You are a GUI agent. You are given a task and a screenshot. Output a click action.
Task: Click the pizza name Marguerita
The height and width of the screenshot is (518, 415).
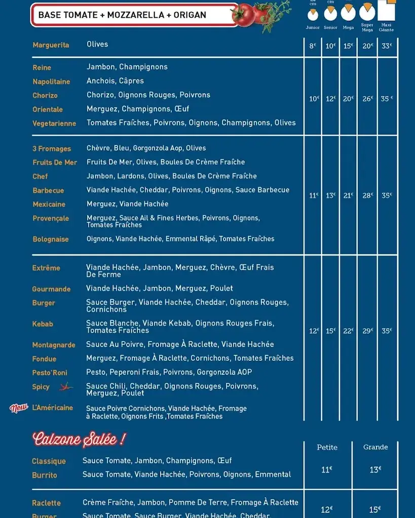(51, 45)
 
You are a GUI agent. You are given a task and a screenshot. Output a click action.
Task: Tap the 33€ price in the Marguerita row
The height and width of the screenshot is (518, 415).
(387, 46)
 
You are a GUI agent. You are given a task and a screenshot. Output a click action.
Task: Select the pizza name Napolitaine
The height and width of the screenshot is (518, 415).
(51, 81)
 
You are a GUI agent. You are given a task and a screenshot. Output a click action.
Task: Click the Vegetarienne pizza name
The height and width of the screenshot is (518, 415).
(54, 123)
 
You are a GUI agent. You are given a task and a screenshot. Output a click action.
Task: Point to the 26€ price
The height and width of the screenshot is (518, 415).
(367, 99)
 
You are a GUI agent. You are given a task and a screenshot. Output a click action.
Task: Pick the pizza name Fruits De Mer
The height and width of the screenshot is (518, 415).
(55, 162)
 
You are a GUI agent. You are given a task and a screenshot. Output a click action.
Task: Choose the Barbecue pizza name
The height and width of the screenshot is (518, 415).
(48, 191)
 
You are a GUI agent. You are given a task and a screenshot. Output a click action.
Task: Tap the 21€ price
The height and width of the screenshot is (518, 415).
(348, 196)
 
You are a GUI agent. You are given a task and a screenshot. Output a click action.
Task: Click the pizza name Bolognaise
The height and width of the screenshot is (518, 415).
(51, 239)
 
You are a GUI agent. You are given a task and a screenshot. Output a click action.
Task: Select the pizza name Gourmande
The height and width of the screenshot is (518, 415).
(51, 289)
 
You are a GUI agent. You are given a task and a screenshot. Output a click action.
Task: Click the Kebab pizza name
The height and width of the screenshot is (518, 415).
(43, 324)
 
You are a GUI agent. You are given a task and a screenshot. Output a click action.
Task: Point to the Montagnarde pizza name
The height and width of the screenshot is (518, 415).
(54, 345)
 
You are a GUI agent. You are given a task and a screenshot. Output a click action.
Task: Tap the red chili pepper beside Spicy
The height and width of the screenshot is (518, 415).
(65, 387)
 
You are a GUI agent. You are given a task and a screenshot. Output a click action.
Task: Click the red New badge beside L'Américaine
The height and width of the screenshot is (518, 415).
(19, 408)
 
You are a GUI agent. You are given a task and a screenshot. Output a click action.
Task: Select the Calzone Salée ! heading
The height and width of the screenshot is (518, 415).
(79, 440)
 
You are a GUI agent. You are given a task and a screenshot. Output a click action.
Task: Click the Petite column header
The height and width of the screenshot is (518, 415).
(327, 447)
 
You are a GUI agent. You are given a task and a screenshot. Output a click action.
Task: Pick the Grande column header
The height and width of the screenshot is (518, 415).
(375, 447)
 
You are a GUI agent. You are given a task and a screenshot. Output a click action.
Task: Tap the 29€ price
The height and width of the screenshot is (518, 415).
(367, 331)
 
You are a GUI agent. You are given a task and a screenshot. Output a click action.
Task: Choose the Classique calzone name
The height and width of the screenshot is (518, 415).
(49, 461)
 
